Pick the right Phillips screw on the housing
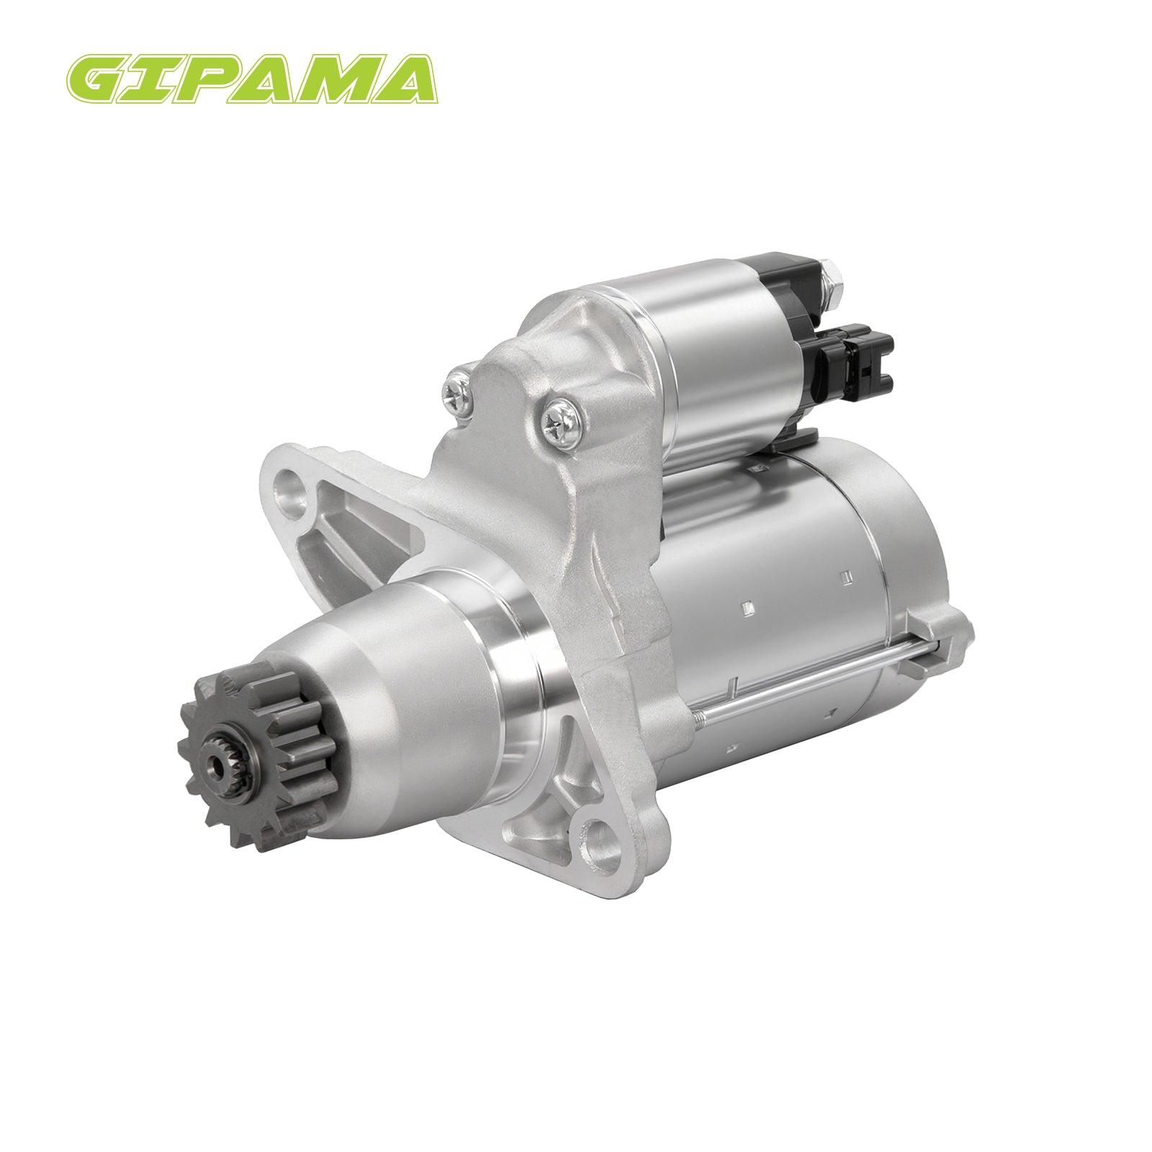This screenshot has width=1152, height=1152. (x=559, y=420)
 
